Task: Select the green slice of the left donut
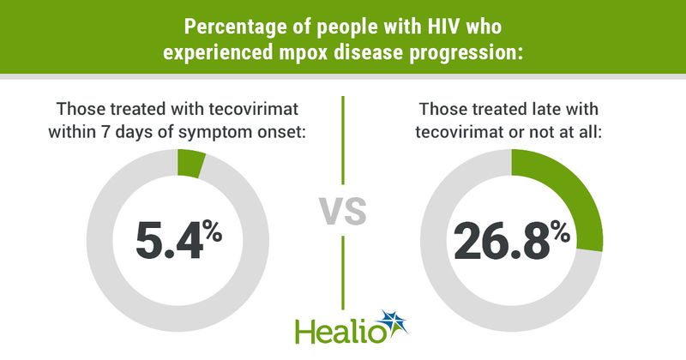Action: point(190,161)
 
